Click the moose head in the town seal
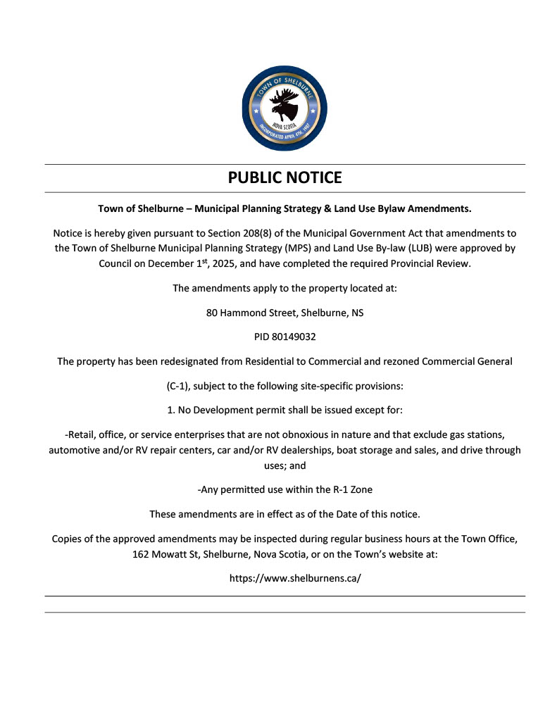point(284,105)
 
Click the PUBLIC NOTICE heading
point(284,177)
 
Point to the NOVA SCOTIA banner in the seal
point(284,125)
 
